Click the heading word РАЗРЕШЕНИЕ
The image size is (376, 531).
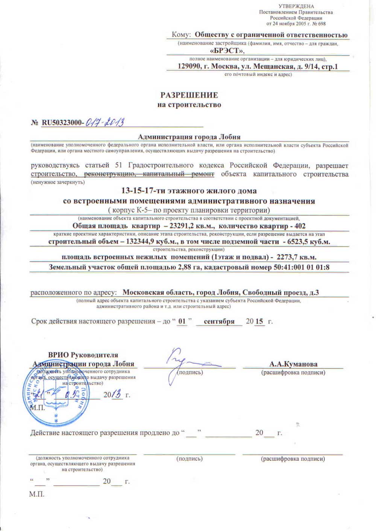(x=189, y=95)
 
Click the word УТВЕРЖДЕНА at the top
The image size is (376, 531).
(x=296, y=6)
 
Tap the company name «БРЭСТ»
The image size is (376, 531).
(x=227, y=51)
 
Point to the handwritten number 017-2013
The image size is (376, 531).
(x=105, y=122)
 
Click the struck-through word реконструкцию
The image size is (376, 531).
(x=109, y=174)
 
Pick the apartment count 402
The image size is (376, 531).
(x=300, y=226)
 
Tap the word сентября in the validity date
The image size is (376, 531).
(x=219, y=322)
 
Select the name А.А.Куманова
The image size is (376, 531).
(x=293, y=364)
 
